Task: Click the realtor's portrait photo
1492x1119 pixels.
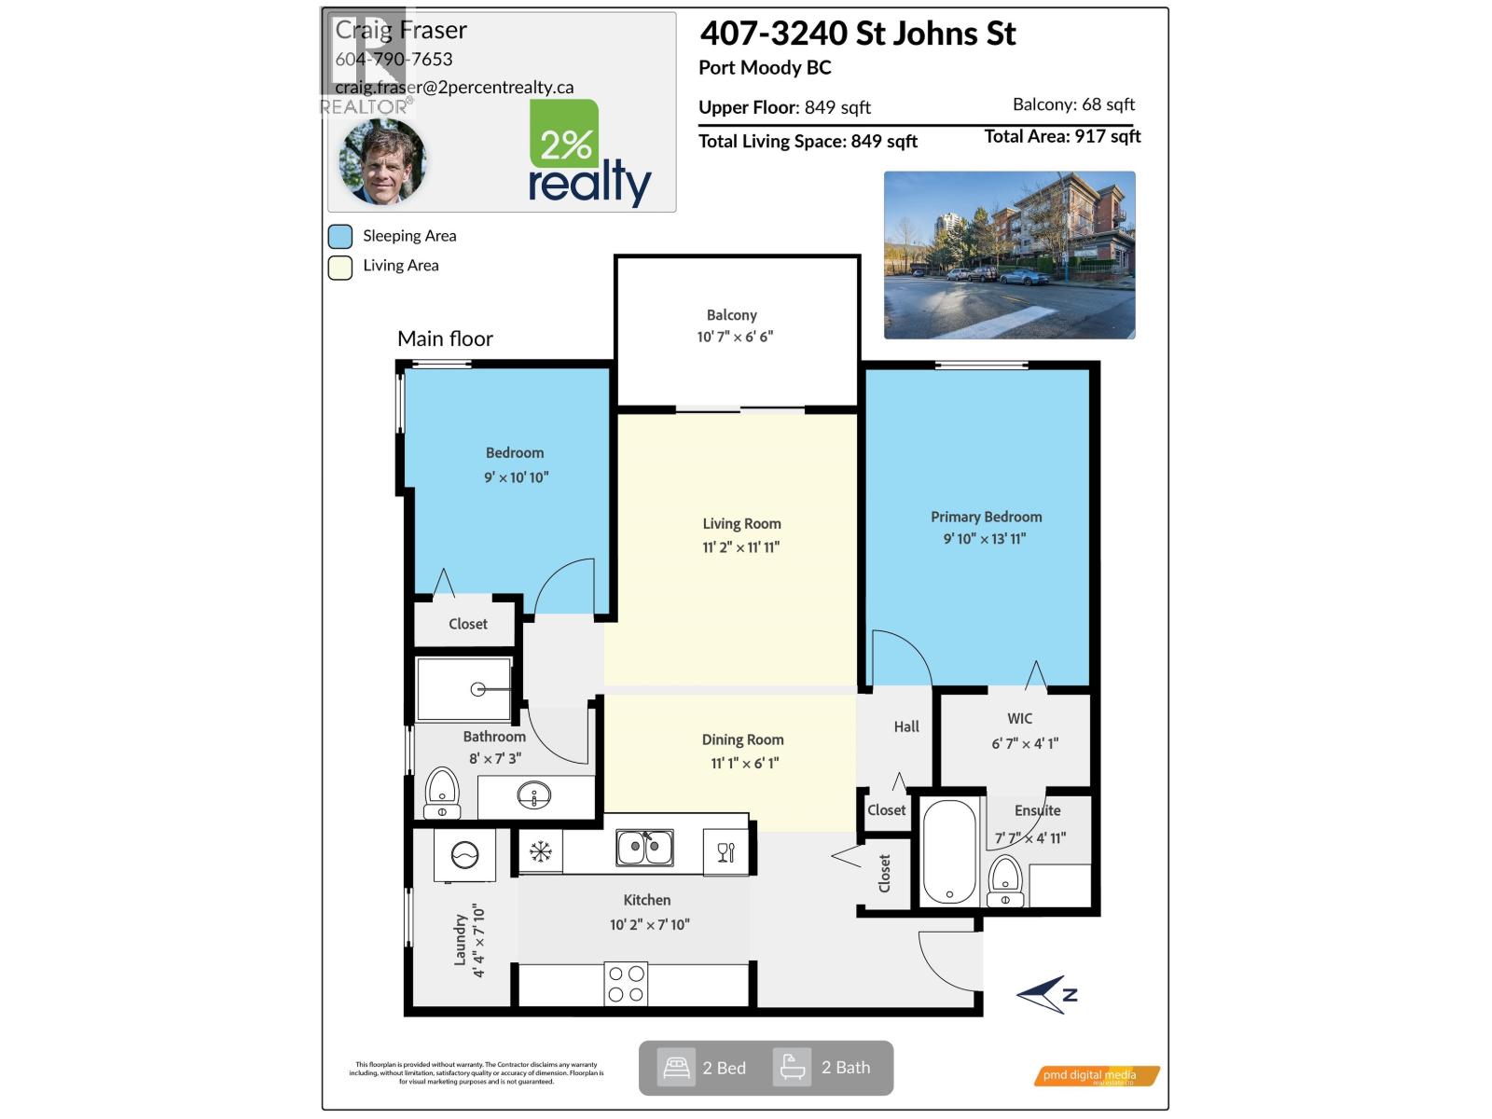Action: coord(382,161)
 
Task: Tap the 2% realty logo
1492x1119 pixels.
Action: coord(589,154)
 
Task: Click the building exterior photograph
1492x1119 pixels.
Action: coord(1009,255)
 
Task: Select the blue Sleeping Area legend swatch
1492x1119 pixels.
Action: coord(340,236)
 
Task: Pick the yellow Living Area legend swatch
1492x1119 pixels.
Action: coord(340,267)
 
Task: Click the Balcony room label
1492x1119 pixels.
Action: coord(732,315)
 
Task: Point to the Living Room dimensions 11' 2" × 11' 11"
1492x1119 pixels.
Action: coord(741,547)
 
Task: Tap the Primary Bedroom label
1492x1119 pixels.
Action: coord(986,517)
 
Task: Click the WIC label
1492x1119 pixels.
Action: coord(1019,719)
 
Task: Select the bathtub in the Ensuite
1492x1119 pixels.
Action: coord(949,851)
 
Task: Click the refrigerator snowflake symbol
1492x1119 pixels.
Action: coord(541,851)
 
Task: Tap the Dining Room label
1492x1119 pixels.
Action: coord(742,739)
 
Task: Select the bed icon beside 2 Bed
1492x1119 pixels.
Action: coord(676,1068)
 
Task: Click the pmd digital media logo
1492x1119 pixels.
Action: coord(1097,1076)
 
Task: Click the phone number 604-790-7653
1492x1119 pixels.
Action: coord(394,59)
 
